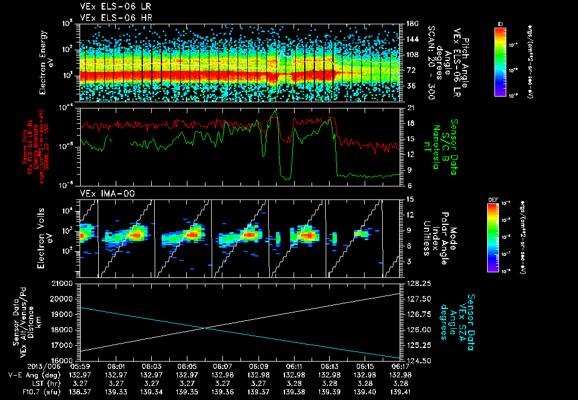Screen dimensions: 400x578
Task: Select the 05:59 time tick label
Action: point(80,367)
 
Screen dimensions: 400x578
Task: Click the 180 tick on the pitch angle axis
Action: point(411,24)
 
